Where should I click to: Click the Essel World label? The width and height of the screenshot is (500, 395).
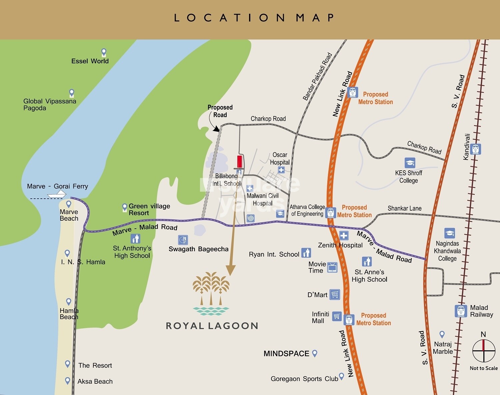click(90, 61)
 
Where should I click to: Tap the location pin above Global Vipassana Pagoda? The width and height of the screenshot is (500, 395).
click(72, 93)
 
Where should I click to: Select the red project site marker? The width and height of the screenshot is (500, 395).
click(239, 161)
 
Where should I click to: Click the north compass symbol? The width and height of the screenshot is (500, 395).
click(484, 351)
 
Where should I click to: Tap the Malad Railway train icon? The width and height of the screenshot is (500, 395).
click(461, 311)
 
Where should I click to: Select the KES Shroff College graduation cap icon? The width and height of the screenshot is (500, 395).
click(410, 163)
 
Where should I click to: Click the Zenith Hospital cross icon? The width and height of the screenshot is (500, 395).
click(344, 236)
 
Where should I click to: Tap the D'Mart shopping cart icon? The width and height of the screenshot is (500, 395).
click(335, 294)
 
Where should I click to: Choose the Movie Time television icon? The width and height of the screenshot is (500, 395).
click(332, 267)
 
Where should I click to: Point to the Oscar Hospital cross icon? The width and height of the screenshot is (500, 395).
click(281, 170)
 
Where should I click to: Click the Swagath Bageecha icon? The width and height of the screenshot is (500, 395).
click(183, 240)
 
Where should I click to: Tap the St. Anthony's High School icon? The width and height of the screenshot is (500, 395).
click(135, 239)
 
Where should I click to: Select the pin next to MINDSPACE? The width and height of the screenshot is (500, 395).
click(314, 353)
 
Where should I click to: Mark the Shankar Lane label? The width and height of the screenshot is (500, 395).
click(404, 208)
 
